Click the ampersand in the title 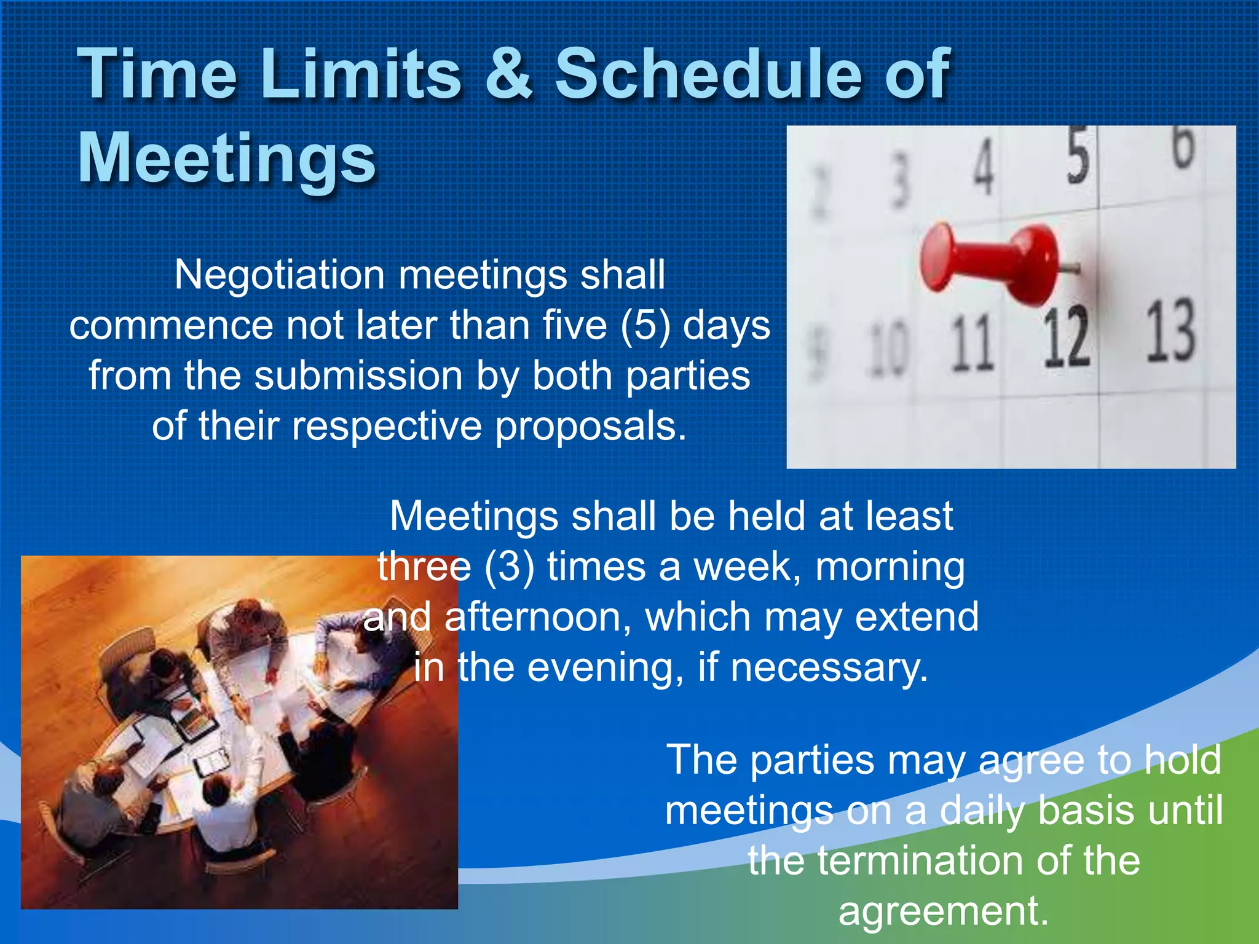[508, 74]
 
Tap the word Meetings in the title [226, 158]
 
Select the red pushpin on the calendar [990, 262]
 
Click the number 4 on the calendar [984, 166]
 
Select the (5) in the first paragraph [645, 325]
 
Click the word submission [358, 376]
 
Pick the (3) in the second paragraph [509, 566]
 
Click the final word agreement [943, 911]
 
